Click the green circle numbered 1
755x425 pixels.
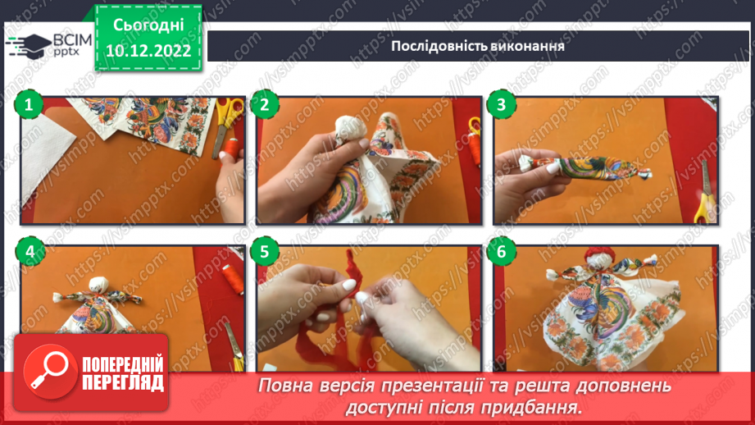coord(29,104)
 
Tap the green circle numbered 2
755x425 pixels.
coord(265,104)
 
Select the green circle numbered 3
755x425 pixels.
coord(501,104)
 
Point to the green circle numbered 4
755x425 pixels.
coord(30,251)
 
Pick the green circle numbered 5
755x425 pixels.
coord(265,251)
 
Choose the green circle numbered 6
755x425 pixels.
coord(501,251)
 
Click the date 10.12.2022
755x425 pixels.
coord(148,51)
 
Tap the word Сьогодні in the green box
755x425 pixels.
coord(148,25)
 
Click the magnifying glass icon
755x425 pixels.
coord(49,371)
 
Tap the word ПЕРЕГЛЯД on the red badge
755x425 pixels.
coord(123,383)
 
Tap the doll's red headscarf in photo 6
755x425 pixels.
coord(600,254)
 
